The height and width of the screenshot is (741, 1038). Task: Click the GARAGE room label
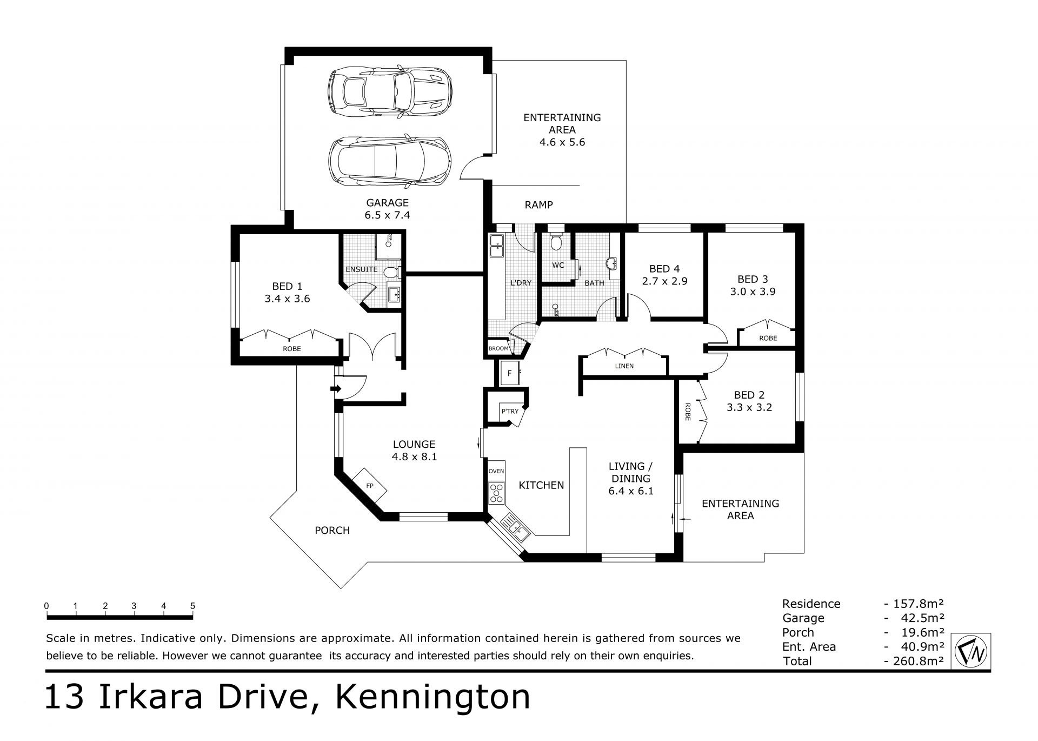(387, 203)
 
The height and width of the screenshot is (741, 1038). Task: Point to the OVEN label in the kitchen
(496, 471)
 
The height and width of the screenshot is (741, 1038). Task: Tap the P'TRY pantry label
(509, 412)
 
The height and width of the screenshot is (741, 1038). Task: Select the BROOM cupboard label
(498, 348)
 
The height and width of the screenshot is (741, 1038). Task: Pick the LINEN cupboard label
(624, 366)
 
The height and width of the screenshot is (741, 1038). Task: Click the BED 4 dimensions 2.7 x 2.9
(664, 281)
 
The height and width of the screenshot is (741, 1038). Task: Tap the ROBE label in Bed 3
(768, 338)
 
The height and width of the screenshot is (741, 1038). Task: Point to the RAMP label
(538, 205)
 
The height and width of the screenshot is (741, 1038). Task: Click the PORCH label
(332, 531)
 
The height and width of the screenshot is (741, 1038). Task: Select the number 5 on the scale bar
(192, 606)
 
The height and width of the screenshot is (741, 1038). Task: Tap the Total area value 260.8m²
(914, 660)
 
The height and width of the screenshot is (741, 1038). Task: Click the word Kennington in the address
(433, 698)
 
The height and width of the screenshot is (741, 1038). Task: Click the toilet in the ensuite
(391, 271)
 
